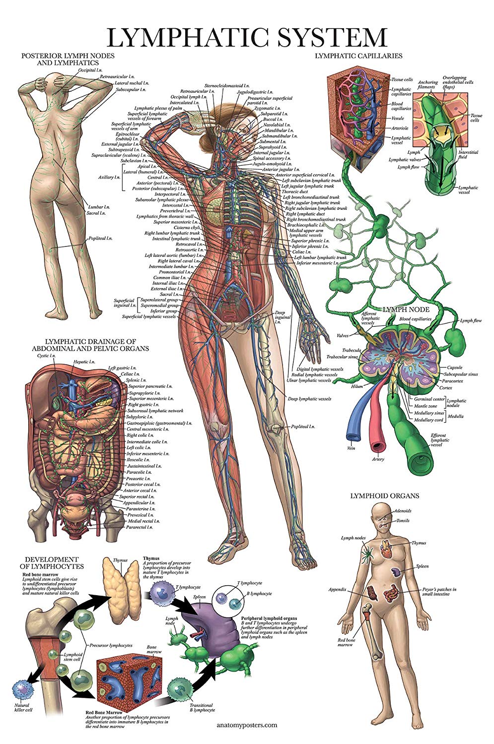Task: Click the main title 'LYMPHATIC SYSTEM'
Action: (x=247, y=37)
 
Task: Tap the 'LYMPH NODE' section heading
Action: (x=403, y=309)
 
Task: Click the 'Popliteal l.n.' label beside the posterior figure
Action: (x=100, y=238)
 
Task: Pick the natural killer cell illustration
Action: (x=23, y=689)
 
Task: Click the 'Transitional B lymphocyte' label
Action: (x=202, y=707)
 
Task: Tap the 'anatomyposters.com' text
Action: (x=247, y=725)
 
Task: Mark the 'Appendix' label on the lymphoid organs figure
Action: (x=337, y=590)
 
